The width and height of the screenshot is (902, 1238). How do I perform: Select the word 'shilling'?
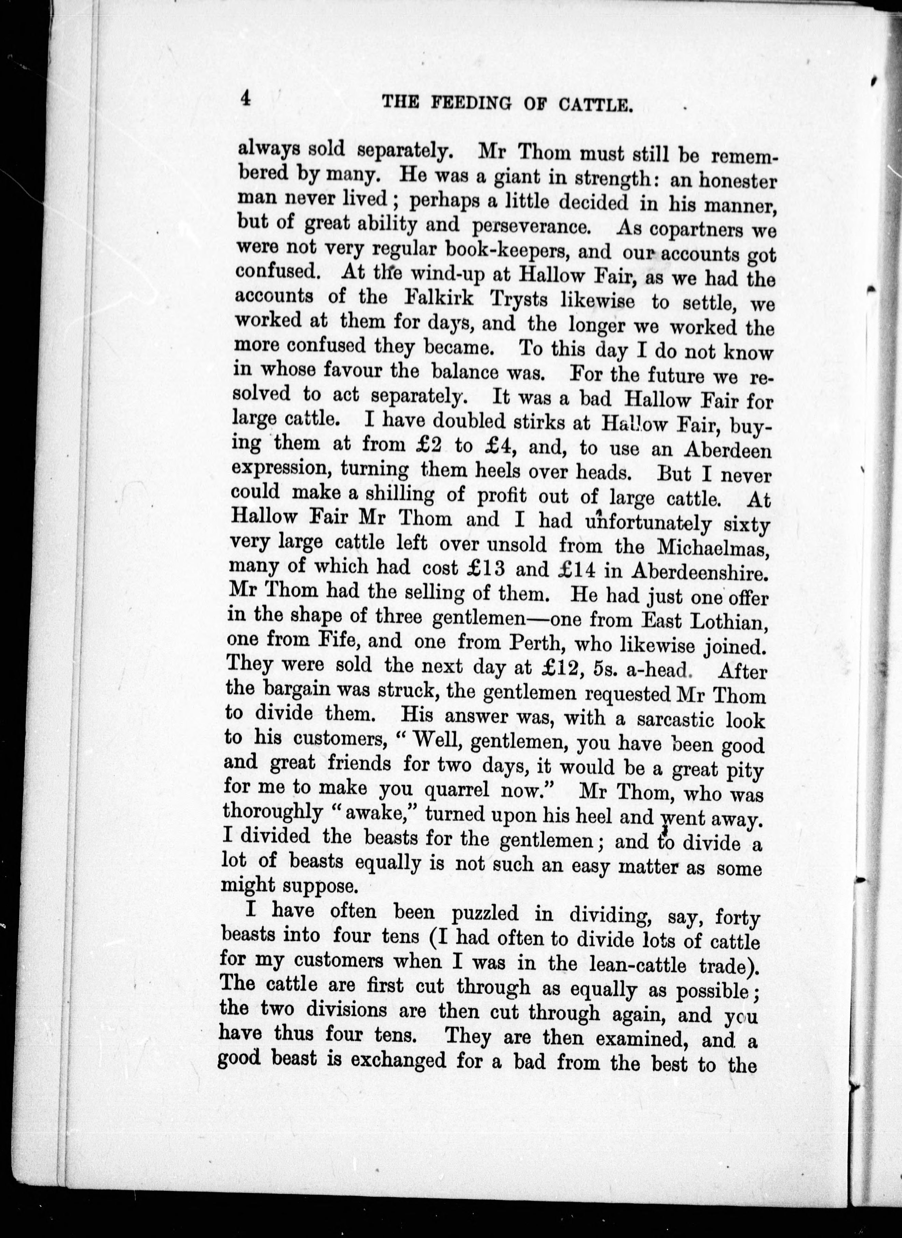[x=400, y=495]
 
